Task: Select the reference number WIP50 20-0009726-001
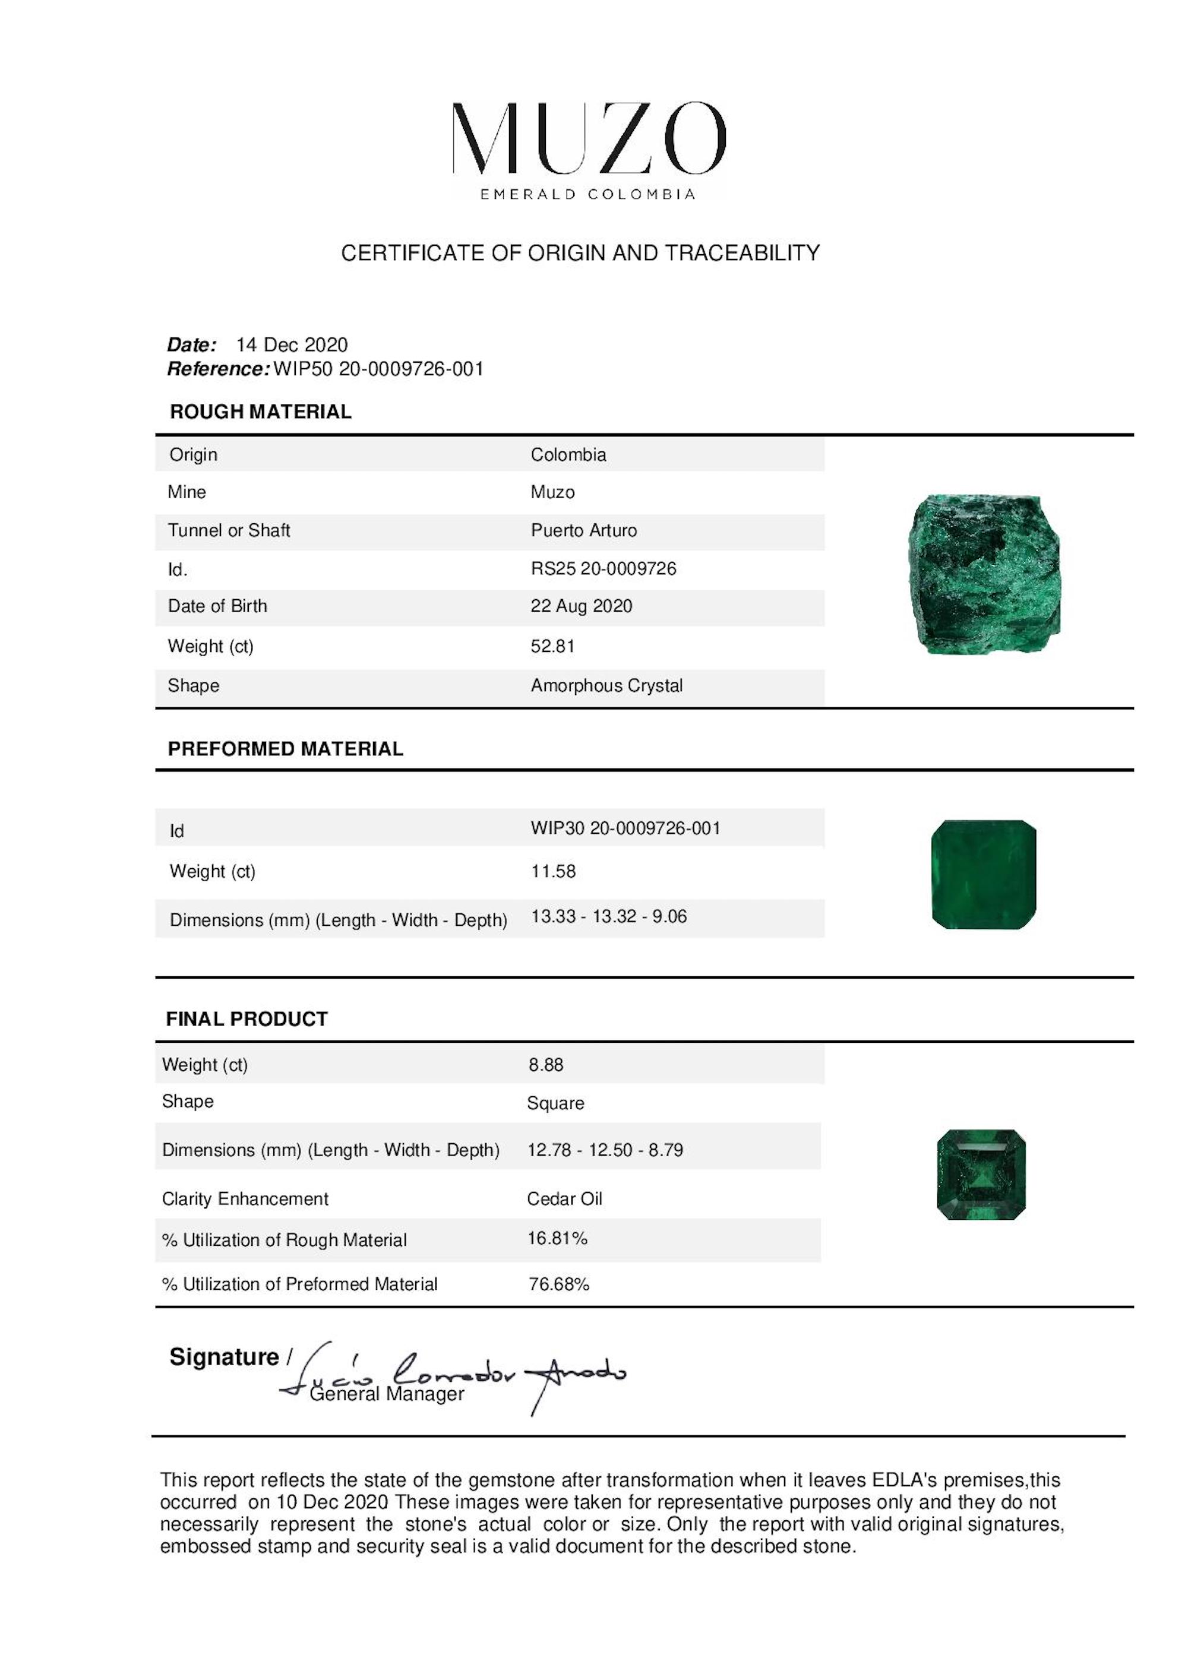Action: (378, 369)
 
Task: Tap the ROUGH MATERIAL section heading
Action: (261, 412)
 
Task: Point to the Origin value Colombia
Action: (568, 454)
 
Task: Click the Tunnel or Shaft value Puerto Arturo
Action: (583, 530)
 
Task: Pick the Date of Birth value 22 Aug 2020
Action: (581, 606)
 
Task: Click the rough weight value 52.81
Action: (552, 646)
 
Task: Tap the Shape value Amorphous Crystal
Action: (606, 686)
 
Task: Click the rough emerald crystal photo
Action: (984, 574)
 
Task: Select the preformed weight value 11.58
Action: (554, 871)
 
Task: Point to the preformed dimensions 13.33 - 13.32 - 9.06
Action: (608, 916)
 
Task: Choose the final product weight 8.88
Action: (546, 1065)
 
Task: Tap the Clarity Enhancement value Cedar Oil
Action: (564, 1198)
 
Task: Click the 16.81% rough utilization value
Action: (557, 1238)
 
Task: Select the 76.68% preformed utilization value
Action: (558, 1284)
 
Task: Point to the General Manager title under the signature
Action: (387, 1394)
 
